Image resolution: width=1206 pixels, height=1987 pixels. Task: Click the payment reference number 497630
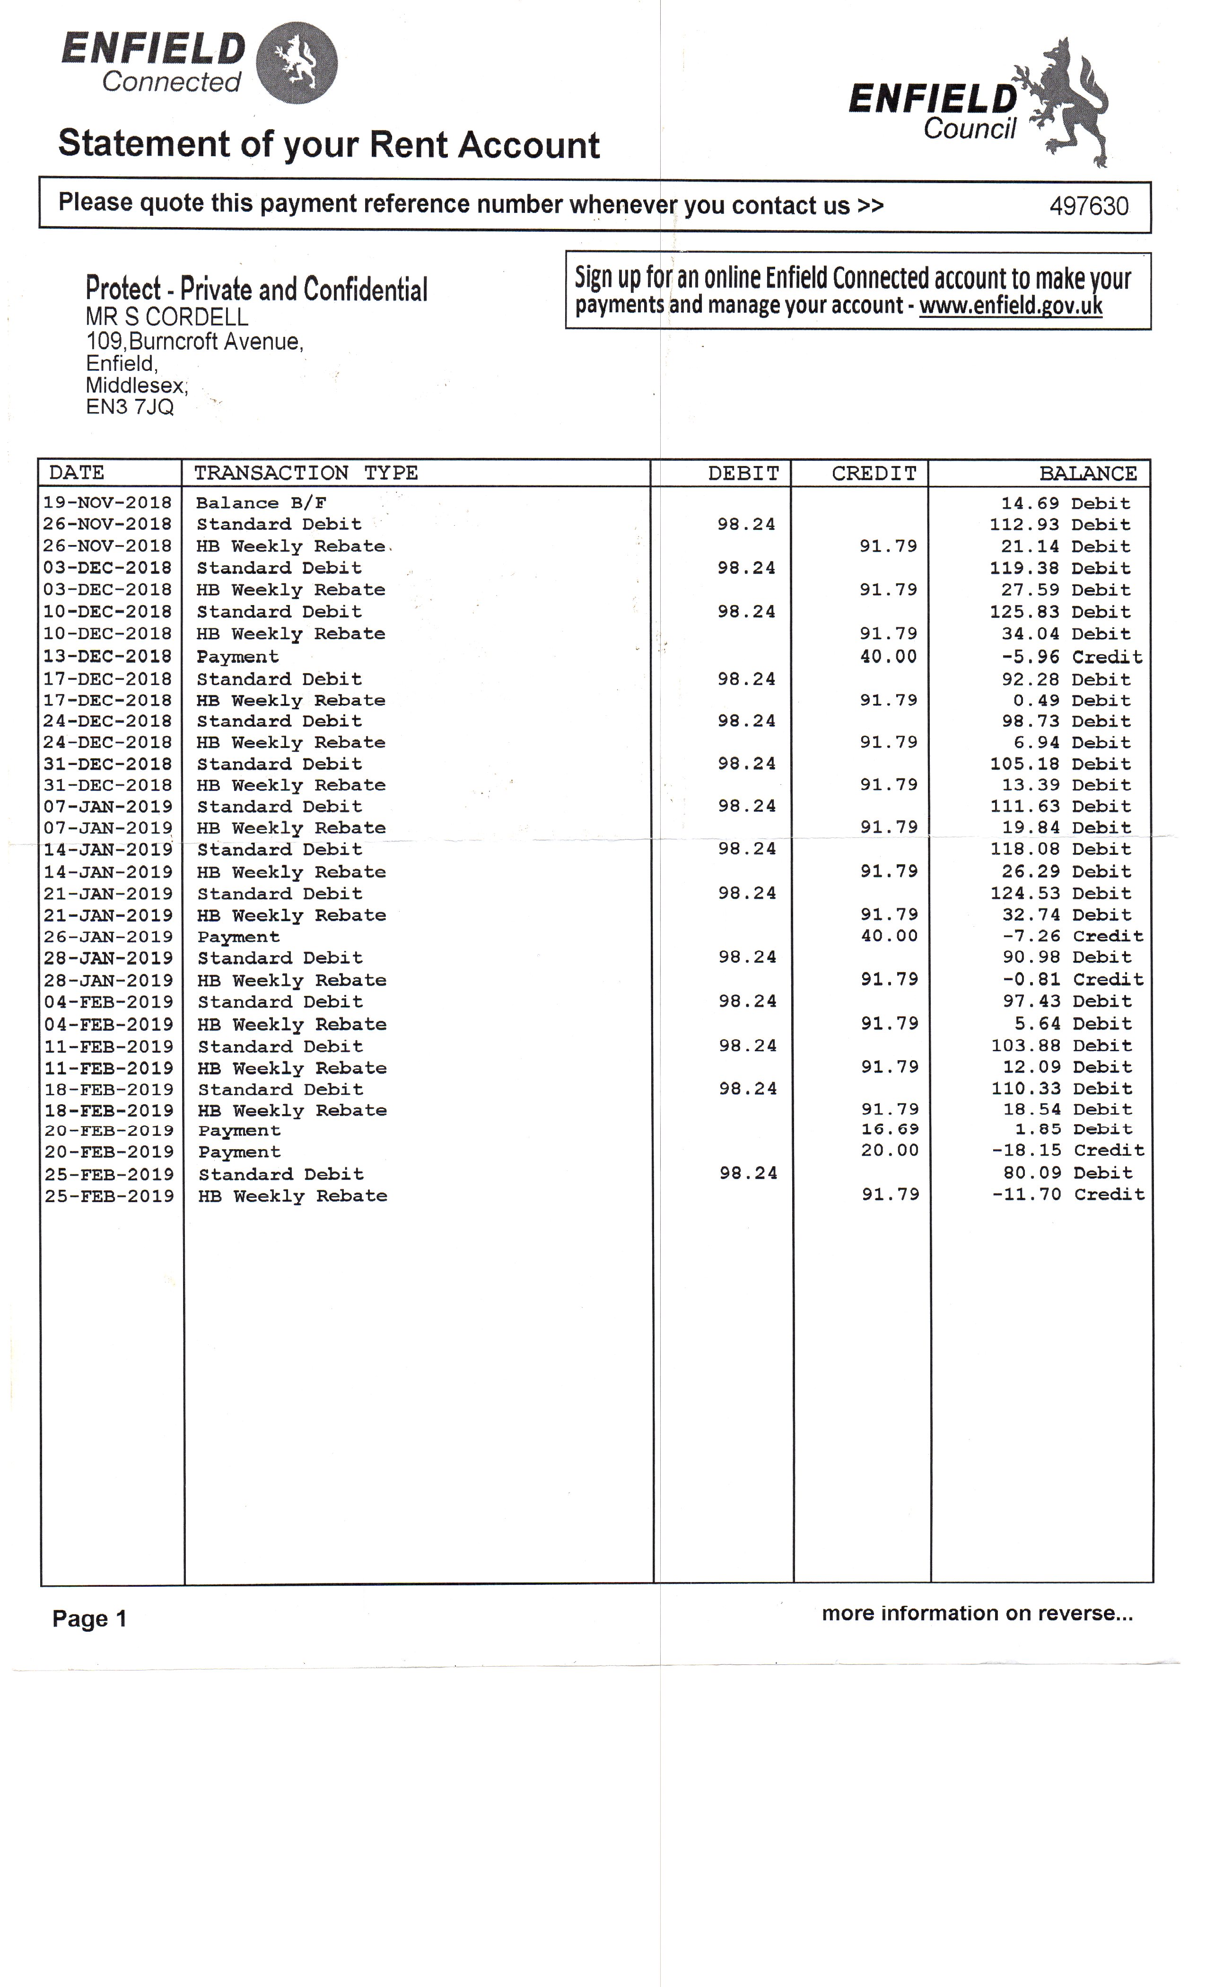tap(1088, 206)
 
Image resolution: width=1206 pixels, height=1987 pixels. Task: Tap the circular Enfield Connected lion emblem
tap(296, 63)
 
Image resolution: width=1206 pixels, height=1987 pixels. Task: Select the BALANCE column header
tap(1087, 474)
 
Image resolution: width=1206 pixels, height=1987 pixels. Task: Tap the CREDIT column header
tap(874, 474)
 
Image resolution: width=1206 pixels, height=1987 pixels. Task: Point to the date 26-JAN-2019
tap(108, 936)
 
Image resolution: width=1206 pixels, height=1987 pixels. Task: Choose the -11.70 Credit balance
tap(1067, 1194)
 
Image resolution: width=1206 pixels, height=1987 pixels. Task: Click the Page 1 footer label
tap(89, 1618)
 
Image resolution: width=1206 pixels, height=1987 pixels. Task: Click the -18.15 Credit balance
tap(1067, 1151)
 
